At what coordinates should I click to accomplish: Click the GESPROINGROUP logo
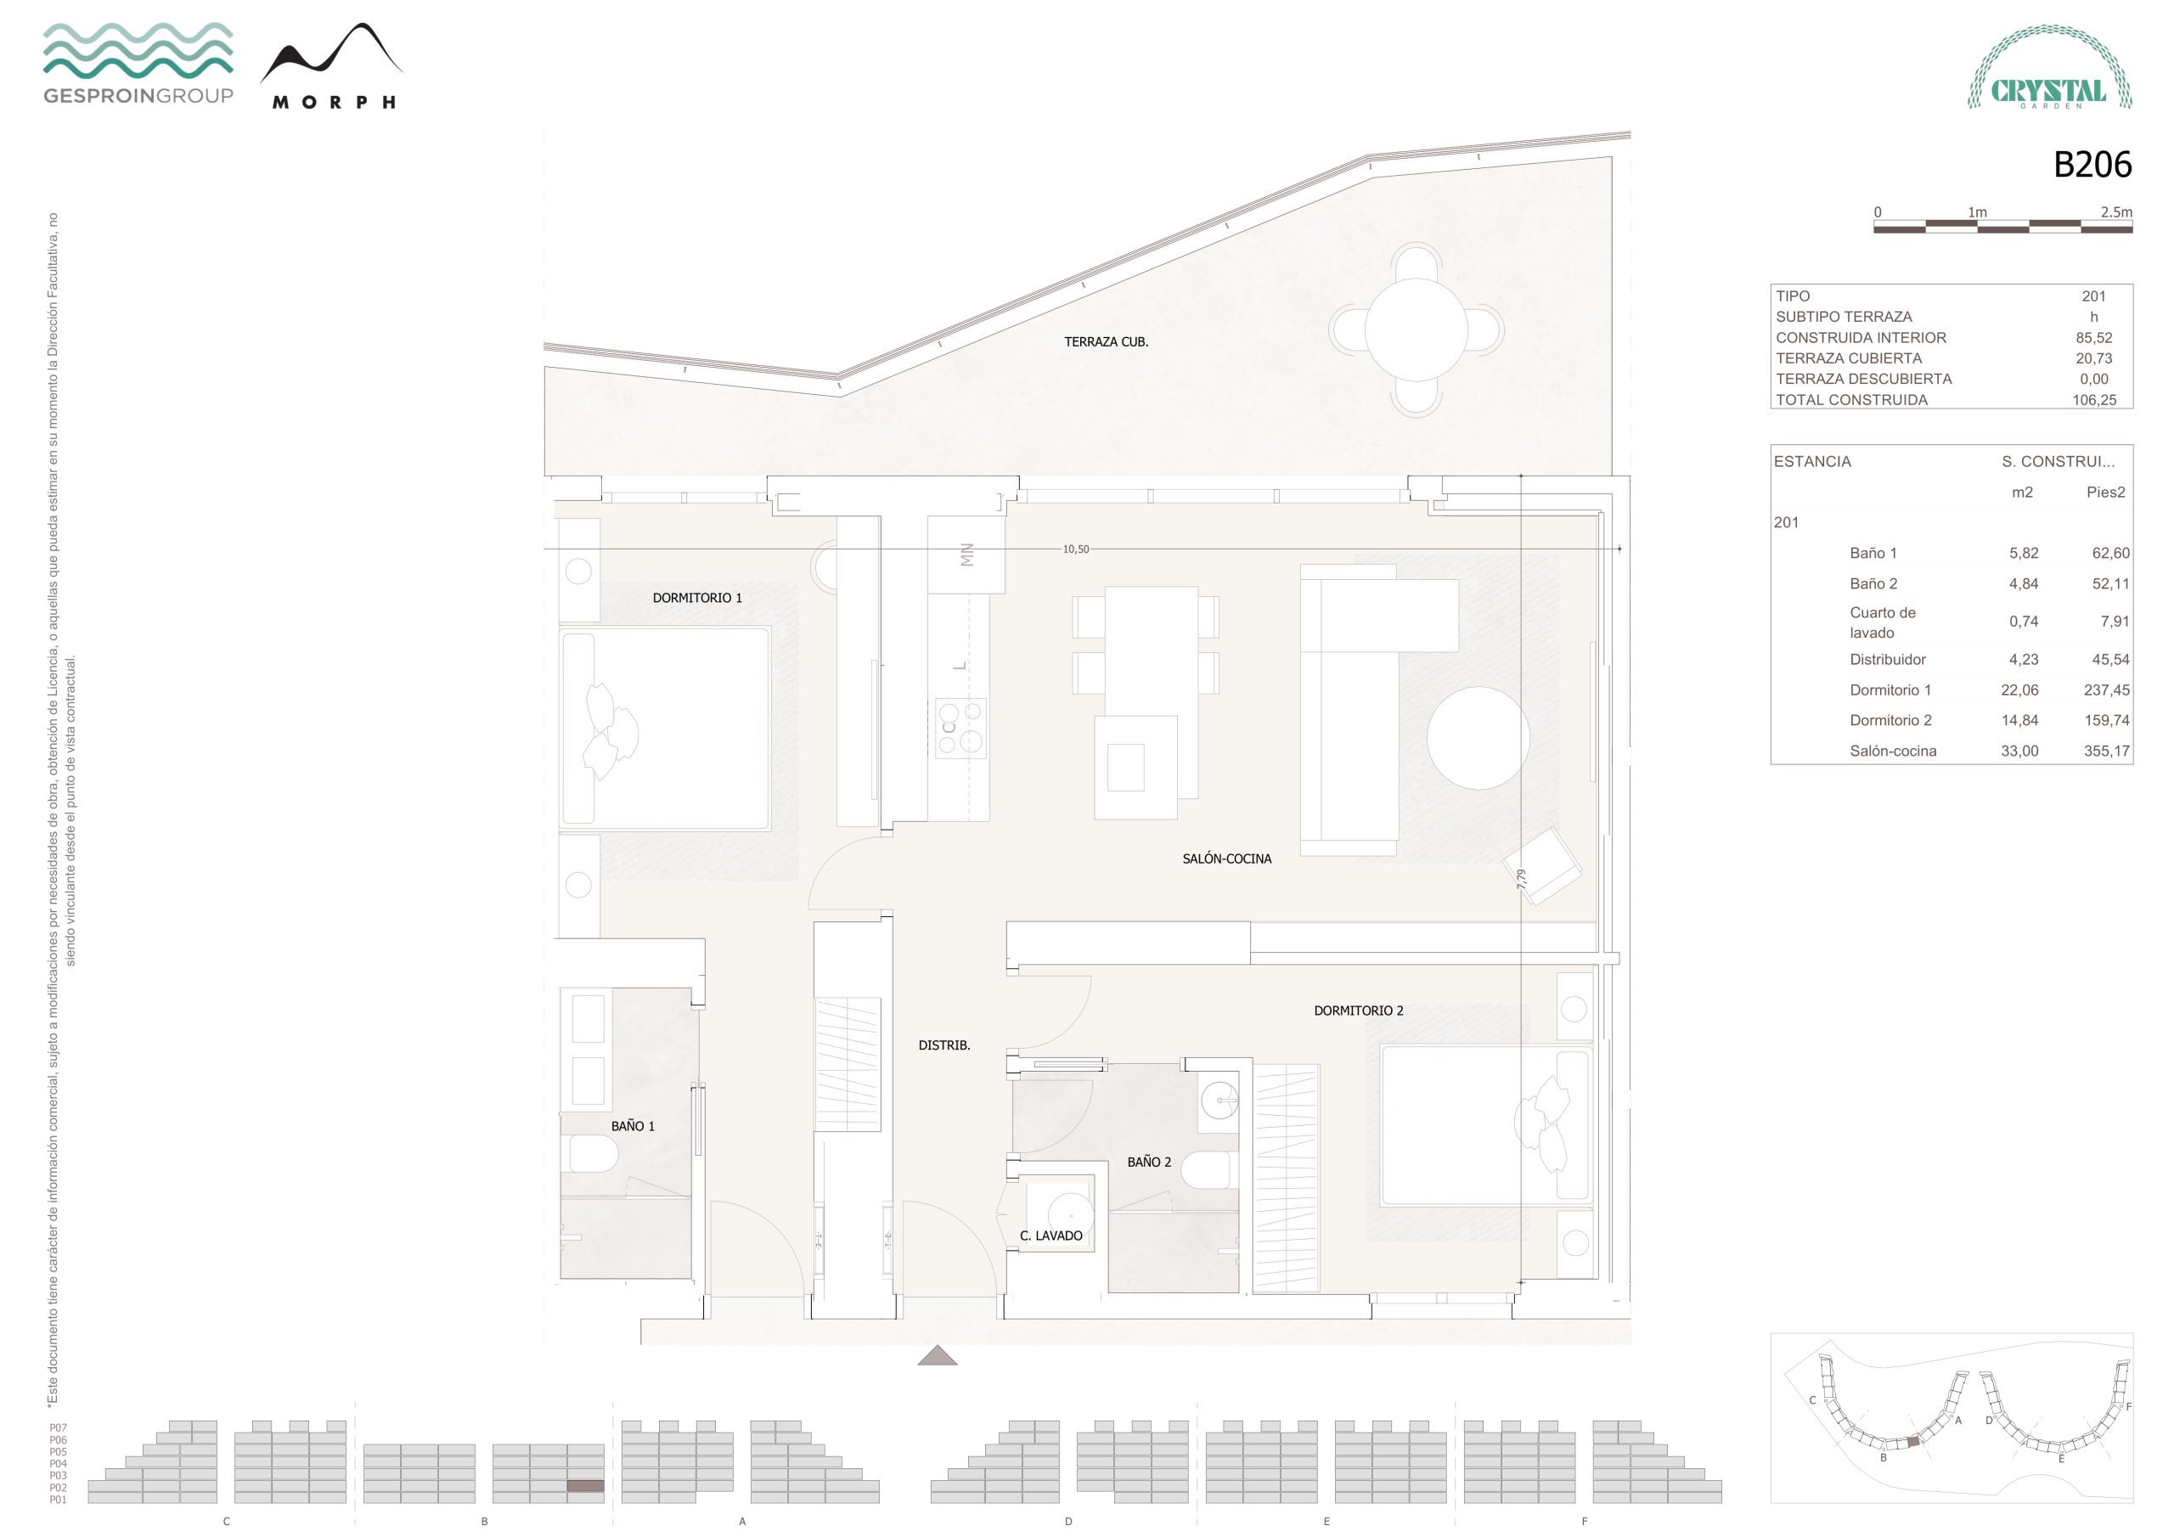tap(138, 64)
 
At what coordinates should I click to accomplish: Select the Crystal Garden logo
tap(2049, 67)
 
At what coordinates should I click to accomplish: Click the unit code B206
tap(2092, 165)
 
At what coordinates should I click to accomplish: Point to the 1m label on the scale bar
tap(1977, 212)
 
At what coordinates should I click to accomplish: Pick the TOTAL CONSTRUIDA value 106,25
tap(2093, 400)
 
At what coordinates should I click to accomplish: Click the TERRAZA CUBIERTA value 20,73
tap(2093, 358)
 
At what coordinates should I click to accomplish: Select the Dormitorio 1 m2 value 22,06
tap(2019, 690)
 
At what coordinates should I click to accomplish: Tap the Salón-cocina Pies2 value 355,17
tap(2106, 751)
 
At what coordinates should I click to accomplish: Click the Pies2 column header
tap(2105, 493)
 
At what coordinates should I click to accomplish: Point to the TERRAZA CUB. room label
tap(1106, 342)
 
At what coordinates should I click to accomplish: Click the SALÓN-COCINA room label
tap(1226, 859)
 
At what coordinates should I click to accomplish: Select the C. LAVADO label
tap(1050, 1236)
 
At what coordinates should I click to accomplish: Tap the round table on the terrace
tap(1416, 329)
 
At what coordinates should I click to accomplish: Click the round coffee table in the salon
tap(1478, 738)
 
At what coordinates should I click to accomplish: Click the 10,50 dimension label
tap(1076, 549)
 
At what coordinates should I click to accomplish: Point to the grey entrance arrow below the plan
tap(938, 1355)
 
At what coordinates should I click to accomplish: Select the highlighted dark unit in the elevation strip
tap(585, 1486)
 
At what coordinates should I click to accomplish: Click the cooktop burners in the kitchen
tap(961, 729)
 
